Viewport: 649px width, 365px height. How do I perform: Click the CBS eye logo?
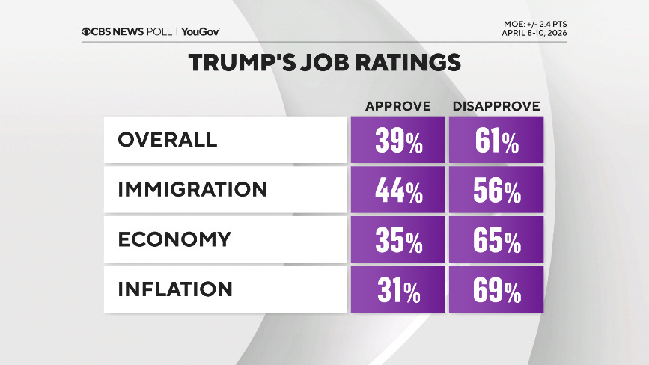point(87,31)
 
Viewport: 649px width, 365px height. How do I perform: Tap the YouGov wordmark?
point(201,31)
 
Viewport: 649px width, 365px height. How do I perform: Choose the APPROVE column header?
point(397,106)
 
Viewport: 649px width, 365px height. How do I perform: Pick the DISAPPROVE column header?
point(496,106)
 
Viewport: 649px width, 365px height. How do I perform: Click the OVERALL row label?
point(167,140)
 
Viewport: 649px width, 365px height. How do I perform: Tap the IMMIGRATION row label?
point(192,189)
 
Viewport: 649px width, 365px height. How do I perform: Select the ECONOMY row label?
point(174,239)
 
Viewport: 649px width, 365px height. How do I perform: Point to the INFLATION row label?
point(175,289)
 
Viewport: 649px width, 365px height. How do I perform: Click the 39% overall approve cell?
point(397,141)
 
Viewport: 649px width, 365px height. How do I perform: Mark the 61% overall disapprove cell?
point(496,141)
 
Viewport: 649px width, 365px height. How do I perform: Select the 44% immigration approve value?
point(397,191)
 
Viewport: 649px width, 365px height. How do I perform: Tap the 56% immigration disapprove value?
point(496,191)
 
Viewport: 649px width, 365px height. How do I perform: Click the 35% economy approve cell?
point(397,240)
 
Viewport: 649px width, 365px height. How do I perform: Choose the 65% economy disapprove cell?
point(496,240)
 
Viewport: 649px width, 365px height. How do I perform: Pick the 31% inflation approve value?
point(397,290)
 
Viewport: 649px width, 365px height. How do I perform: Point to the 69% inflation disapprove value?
point(496,290)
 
